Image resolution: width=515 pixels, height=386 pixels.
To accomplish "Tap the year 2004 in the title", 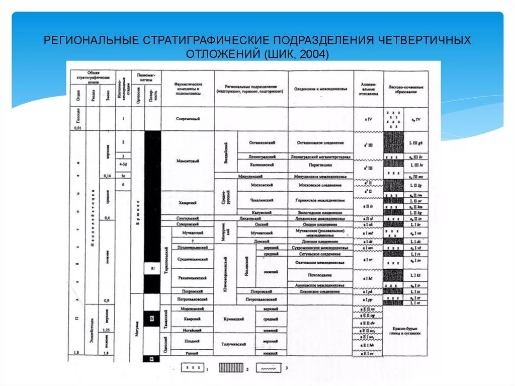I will (312, 53).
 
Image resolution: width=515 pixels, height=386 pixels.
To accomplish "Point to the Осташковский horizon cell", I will (262, 143).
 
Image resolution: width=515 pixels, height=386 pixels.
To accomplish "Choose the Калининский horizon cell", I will (262, 165).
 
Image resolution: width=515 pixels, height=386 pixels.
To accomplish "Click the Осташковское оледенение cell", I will (320, 143).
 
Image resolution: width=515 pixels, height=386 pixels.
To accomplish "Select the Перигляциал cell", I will (320, 165).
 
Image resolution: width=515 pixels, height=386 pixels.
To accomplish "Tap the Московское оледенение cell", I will (320, 185).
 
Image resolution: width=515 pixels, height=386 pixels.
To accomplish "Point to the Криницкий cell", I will (234, 319).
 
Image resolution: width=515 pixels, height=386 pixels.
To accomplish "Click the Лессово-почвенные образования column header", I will (406, 89).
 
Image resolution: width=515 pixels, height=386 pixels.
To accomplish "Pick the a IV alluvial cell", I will (368, 119).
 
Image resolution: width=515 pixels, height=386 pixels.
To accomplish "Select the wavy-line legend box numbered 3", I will (269, 369).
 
